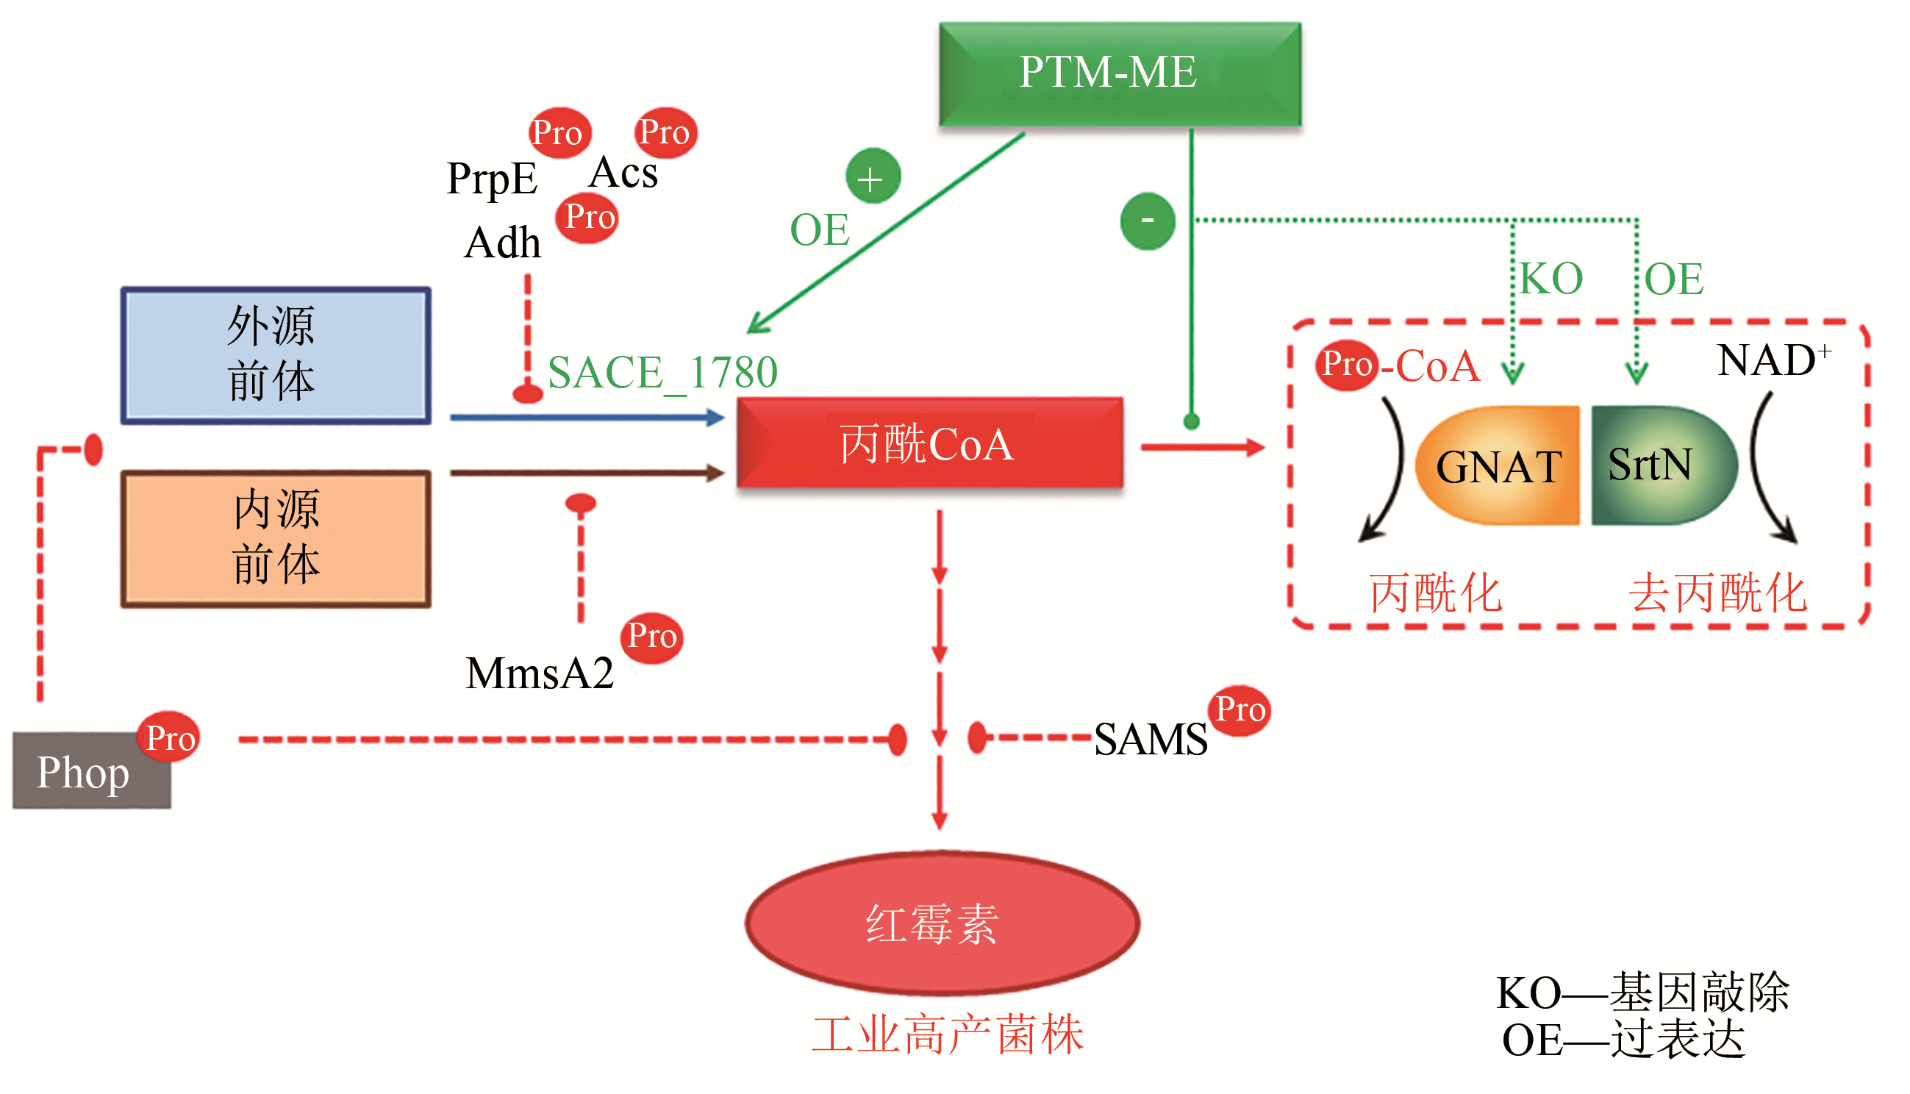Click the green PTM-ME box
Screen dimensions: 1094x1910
[1120, 74]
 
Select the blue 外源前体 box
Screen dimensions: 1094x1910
[276, 355]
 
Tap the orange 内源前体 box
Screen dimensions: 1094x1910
[276, 539]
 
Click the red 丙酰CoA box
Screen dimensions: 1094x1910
[930, 443]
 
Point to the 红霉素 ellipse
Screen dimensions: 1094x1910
[942, 923]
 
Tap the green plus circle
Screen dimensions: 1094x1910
[872, 177]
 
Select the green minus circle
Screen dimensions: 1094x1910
[1147, 221]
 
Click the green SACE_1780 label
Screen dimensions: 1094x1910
[662, 373]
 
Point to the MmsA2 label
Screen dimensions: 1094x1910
[540, 673]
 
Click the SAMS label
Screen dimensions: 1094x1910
[1150, 740]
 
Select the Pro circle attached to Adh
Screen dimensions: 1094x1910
[588, 218]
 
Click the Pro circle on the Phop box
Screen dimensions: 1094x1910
[169, 737]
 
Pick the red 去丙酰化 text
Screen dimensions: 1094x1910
[1717, 593]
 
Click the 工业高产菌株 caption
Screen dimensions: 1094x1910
[947, 1035]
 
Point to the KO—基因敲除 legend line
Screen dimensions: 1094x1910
[1642, 993]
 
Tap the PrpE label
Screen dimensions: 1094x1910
[492, 179]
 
